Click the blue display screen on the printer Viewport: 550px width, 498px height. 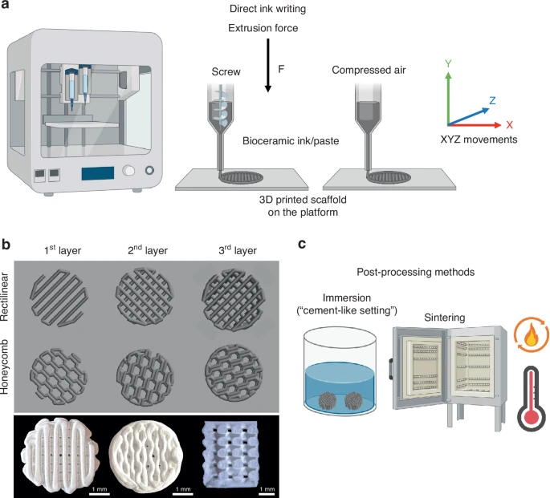pos(96,172)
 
